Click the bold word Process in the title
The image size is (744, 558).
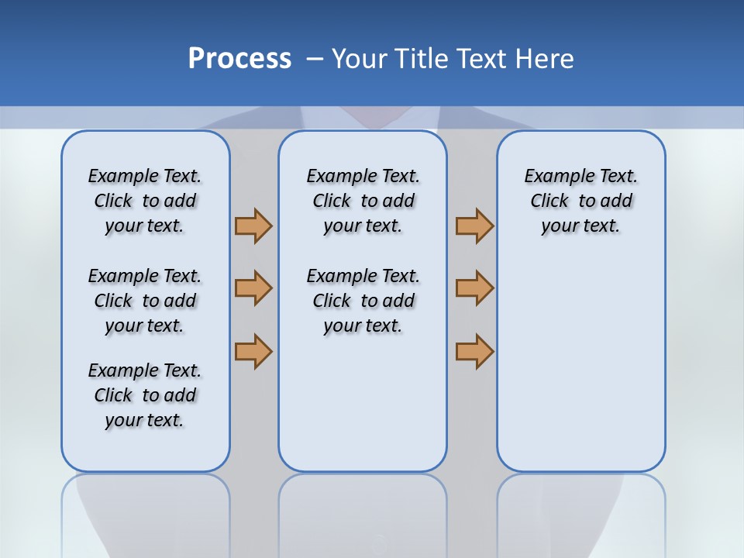(239, 58)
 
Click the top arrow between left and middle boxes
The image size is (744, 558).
(253, 226)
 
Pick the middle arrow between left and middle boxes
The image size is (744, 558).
(253, 288)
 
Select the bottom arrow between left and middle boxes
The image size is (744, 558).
(253, 351)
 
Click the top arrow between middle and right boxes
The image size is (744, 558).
(474, 226)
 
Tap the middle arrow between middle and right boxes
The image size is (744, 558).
(474, 288)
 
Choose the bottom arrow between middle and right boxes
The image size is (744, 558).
(474, 351)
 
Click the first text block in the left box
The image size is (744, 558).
(145, 201)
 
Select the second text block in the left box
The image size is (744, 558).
(145, 301)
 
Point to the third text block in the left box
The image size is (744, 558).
(145, 395)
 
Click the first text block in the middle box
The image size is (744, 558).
(363, 201)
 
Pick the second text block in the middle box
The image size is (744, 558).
(363, 301)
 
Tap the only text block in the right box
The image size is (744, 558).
(580, 201)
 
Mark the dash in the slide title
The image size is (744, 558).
(315, 59)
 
